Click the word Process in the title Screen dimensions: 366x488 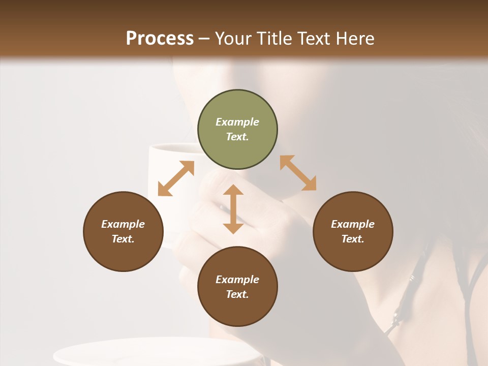coord(160,39)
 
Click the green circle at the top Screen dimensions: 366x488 coord(237,130)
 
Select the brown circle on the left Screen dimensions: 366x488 coord(123,232)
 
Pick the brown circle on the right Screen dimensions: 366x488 coord(353,232)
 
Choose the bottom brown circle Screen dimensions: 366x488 coord(237,287)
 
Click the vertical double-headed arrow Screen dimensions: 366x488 coord(233,209)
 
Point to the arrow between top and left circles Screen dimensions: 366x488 coord(176,178)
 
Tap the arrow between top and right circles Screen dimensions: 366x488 coord(298,173)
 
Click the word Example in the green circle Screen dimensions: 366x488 coord(237,122)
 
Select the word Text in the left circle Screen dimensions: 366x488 coord(123,239)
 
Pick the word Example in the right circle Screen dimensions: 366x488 coord(353,224)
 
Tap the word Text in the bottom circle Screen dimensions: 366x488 coord(237,294)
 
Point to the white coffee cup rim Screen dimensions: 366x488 coord(173,147)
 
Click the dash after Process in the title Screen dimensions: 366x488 coord(204,39)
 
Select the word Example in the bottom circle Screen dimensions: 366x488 coord(237,280)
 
